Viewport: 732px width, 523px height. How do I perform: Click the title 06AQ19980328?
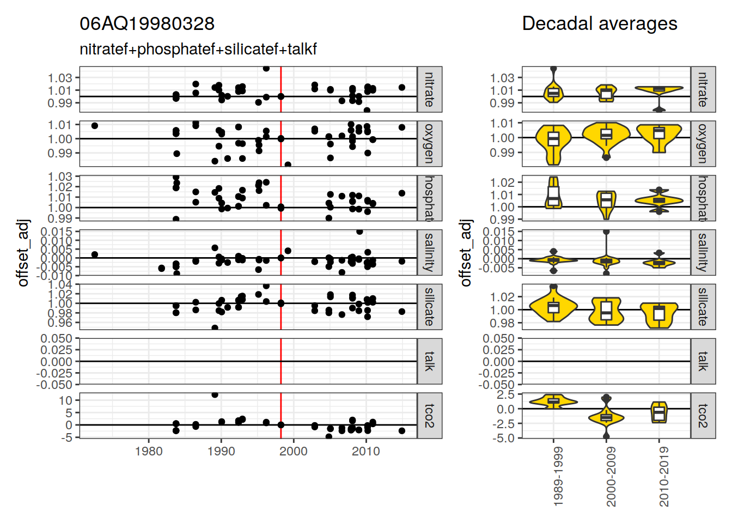147,24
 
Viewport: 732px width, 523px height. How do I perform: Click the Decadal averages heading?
599,24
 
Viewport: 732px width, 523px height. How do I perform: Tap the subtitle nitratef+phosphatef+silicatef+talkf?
198,50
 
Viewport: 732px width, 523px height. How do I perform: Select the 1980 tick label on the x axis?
149,451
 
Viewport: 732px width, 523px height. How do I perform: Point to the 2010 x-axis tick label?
365,451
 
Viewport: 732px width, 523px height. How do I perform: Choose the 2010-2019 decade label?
663,477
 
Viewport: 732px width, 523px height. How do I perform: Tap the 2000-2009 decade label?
611,477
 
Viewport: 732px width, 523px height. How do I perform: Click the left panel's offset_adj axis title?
23,253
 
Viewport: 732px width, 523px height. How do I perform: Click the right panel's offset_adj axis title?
465,253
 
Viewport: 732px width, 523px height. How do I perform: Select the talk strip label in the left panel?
429,361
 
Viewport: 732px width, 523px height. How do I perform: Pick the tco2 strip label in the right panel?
703,415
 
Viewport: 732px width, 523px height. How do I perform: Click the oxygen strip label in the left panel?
429,143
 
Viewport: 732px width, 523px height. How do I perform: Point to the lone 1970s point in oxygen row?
95,126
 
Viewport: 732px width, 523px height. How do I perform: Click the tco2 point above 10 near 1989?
215,394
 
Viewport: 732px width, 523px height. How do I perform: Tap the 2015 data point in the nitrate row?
402,88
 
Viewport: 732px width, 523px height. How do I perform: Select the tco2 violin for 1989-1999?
553,402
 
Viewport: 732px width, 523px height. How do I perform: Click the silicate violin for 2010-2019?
659,314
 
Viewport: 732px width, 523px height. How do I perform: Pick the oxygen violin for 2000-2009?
606,134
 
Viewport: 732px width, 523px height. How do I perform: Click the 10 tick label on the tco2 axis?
66,400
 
